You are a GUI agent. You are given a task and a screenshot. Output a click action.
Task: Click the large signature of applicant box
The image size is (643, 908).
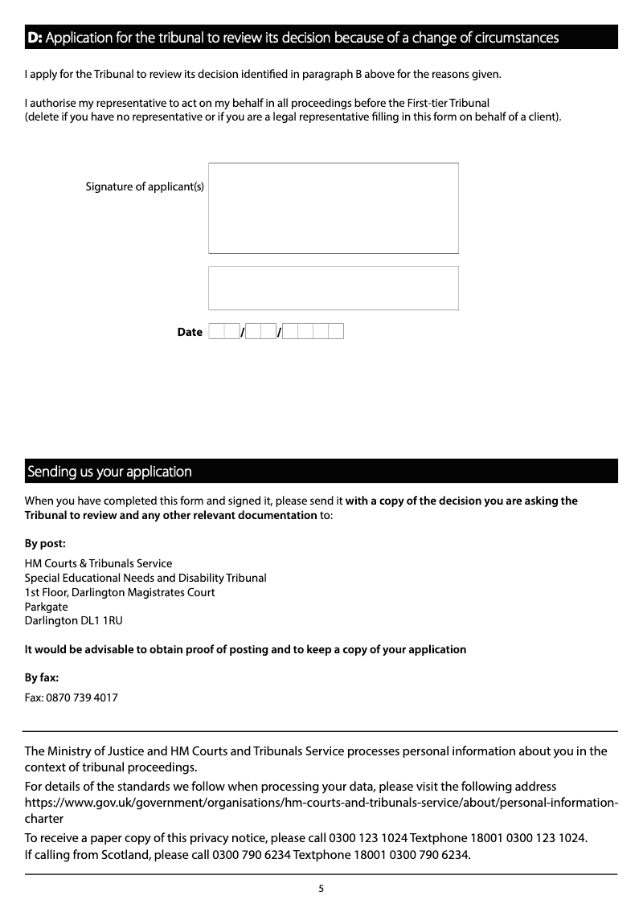point(333,208)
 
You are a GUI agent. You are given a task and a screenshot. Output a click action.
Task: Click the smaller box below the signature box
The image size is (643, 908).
point(333,288)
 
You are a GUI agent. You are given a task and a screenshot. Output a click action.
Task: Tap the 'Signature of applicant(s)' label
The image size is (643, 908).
point(145,187)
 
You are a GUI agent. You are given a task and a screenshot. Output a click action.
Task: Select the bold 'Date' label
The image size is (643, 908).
point(190,332)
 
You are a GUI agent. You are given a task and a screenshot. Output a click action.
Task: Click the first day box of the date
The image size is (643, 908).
point(216,331)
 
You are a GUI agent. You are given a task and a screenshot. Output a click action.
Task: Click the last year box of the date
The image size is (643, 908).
point(336,331)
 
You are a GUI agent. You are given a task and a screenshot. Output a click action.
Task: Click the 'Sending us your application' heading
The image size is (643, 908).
point(109,472)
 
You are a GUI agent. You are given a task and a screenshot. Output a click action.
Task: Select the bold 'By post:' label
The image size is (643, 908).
point(45,543)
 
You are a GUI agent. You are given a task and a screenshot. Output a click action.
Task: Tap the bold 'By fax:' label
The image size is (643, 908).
point(42,677)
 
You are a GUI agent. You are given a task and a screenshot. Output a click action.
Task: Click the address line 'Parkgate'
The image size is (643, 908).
point(47,607)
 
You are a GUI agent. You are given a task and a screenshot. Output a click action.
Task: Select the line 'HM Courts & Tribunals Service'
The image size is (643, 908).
point(98,563)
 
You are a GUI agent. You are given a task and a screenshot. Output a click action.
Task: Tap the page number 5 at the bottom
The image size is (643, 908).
point(321,889)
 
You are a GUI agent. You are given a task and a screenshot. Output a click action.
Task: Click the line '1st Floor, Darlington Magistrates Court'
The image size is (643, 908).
point(120,592)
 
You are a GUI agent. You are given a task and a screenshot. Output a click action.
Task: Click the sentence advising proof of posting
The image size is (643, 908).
point(245,649)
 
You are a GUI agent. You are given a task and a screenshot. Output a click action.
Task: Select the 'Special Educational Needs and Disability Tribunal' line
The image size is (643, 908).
point(145,578)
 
